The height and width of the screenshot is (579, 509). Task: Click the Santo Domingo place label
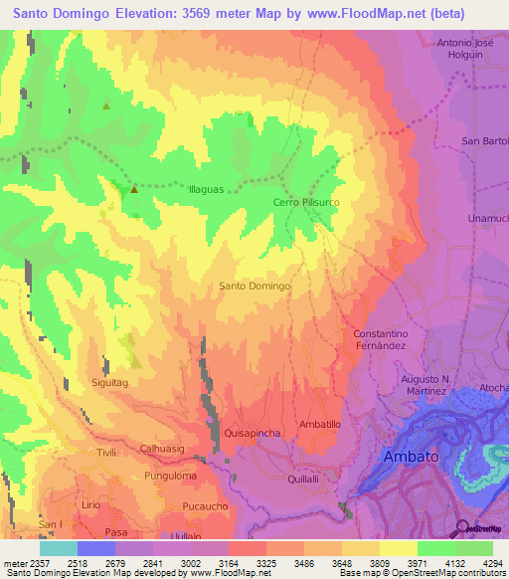254,286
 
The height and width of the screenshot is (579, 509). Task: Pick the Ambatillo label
320,424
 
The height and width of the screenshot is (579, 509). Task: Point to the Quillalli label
303,479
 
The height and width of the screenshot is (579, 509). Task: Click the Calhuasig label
163,449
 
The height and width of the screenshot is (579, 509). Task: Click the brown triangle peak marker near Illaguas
133,188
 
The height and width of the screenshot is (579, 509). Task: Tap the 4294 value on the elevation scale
493,561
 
